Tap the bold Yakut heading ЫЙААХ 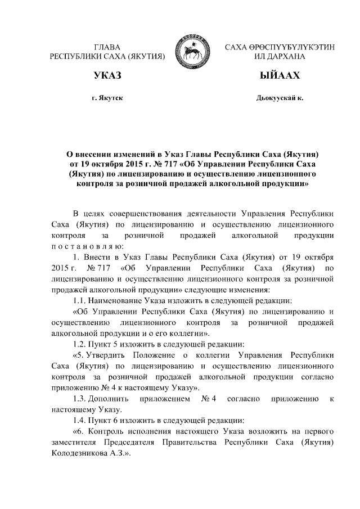(280, 75)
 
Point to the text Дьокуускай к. (280, 98)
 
